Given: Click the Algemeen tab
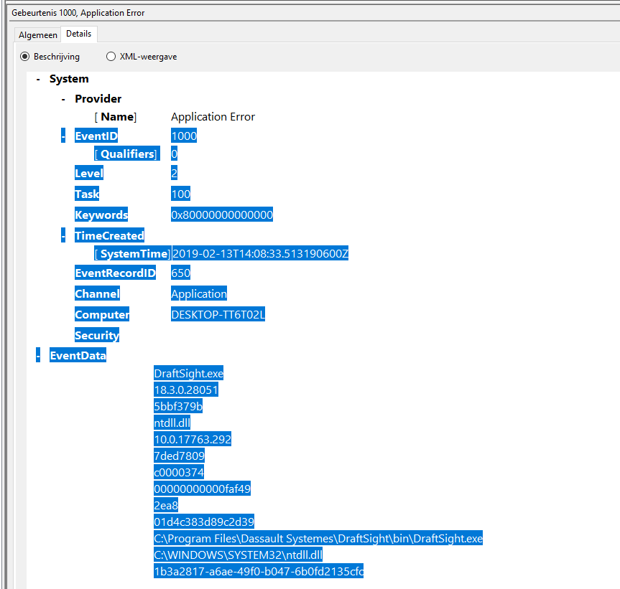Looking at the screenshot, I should [37, 34].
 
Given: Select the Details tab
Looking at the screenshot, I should [78, 34].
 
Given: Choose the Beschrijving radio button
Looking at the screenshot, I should [25, 57].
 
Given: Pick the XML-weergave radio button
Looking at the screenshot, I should [111, 57].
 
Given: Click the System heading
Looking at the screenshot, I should [69, 79].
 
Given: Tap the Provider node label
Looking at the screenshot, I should [98, 99].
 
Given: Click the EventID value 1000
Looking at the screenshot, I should [184, 136].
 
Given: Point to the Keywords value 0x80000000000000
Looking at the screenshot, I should [222, 215].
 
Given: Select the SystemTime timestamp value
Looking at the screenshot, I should [260, 253].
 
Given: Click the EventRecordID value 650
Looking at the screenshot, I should [180, 273].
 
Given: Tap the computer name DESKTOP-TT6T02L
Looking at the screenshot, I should [218, 314].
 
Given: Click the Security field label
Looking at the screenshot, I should [97, 335].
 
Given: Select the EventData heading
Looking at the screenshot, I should [78, 355].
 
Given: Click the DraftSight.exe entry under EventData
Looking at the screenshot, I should [189, 373].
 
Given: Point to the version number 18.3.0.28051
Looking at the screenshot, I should [186, 390].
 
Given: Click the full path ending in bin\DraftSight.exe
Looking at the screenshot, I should [318, 538].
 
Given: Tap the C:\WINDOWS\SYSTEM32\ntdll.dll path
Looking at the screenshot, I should [239, 555].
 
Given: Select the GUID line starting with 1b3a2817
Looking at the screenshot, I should [259, 571].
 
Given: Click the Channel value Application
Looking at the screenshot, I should [199, 293].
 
